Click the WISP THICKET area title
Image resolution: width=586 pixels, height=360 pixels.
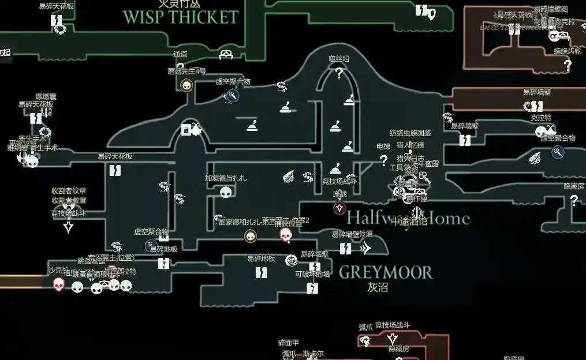[x=180, y=17]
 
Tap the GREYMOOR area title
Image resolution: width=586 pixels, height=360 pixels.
[x=385, y=272]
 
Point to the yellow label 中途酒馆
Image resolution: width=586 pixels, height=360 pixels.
[x=409, y=222]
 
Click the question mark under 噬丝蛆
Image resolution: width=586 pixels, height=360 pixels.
[x=339, y=73]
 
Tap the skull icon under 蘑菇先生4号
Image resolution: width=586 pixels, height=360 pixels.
[x=186, y=86]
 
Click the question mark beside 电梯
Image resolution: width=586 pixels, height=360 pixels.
[x=383, y=160]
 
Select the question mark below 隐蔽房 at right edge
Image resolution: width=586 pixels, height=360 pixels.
[x=574, y=200]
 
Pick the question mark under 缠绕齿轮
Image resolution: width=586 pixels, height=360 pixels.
[x=568, y=65]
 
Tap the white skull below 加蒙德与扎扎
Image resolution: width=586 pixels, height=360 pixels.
[x=225, y=192]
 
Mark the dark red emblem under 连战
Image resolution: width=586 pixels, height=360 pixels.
[x=339, y=208]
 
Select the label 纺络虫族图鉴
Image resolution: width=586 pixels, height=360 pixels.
[x=410, y=133]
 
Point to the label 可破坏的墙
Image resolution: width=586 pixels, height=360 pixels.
[x=312, y=274]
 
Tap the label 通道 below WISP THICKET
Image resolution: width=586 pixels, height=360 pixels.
[x=180, y=54]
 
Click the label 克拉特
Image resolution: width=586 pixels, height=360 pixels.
[x=541, y=118]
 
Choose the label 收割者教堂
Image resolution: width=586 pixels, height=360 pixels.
[x=69, y=200]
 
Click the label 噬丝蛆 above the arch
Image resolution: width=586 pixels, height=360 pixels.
[x=339, y=59]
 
